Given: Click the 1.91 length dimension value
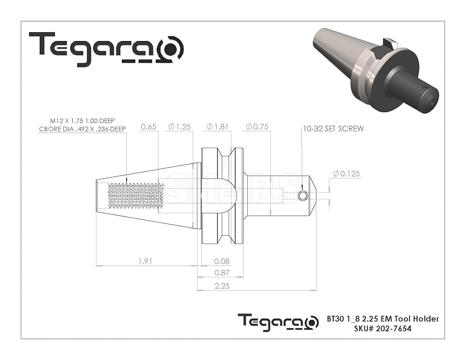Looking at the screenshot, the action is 145,261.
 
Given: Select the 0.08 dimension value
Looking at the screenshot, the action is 222,261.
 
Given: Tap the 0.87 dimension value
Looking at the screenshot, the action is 222,272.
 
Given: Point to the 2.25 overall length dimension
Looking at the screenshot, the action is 222,286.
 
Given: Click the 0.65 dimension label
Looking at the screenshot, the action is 149,127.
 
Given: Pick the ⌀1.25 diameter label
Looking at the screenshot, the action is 179,127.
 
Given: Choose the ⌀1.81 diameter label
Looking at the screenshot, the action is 218,127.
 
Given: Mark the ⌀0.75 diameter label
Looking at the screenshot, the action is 257,127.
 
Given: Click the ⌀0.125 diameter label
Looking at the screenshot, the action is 346,173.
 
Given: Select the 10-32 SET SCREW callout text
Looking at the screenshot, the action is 333,129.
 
